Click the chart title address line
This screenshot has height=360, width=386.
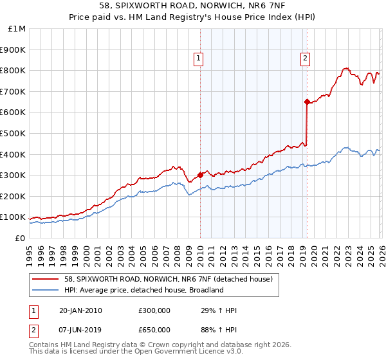pyautogui.click(x=193, y=6)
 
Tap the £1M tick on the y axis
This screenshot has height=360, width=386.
pyautogui.click(x=15, y=28)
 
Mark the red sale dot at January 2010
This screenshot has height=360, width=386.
pyautogui.click(x=200, y=174)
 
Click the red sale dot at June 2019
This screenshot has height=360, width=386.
pyautogui.click(x=307, y=102)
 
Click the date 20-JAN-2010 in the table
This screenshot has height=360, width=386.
pyautogui.click(x=80, y=310)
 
